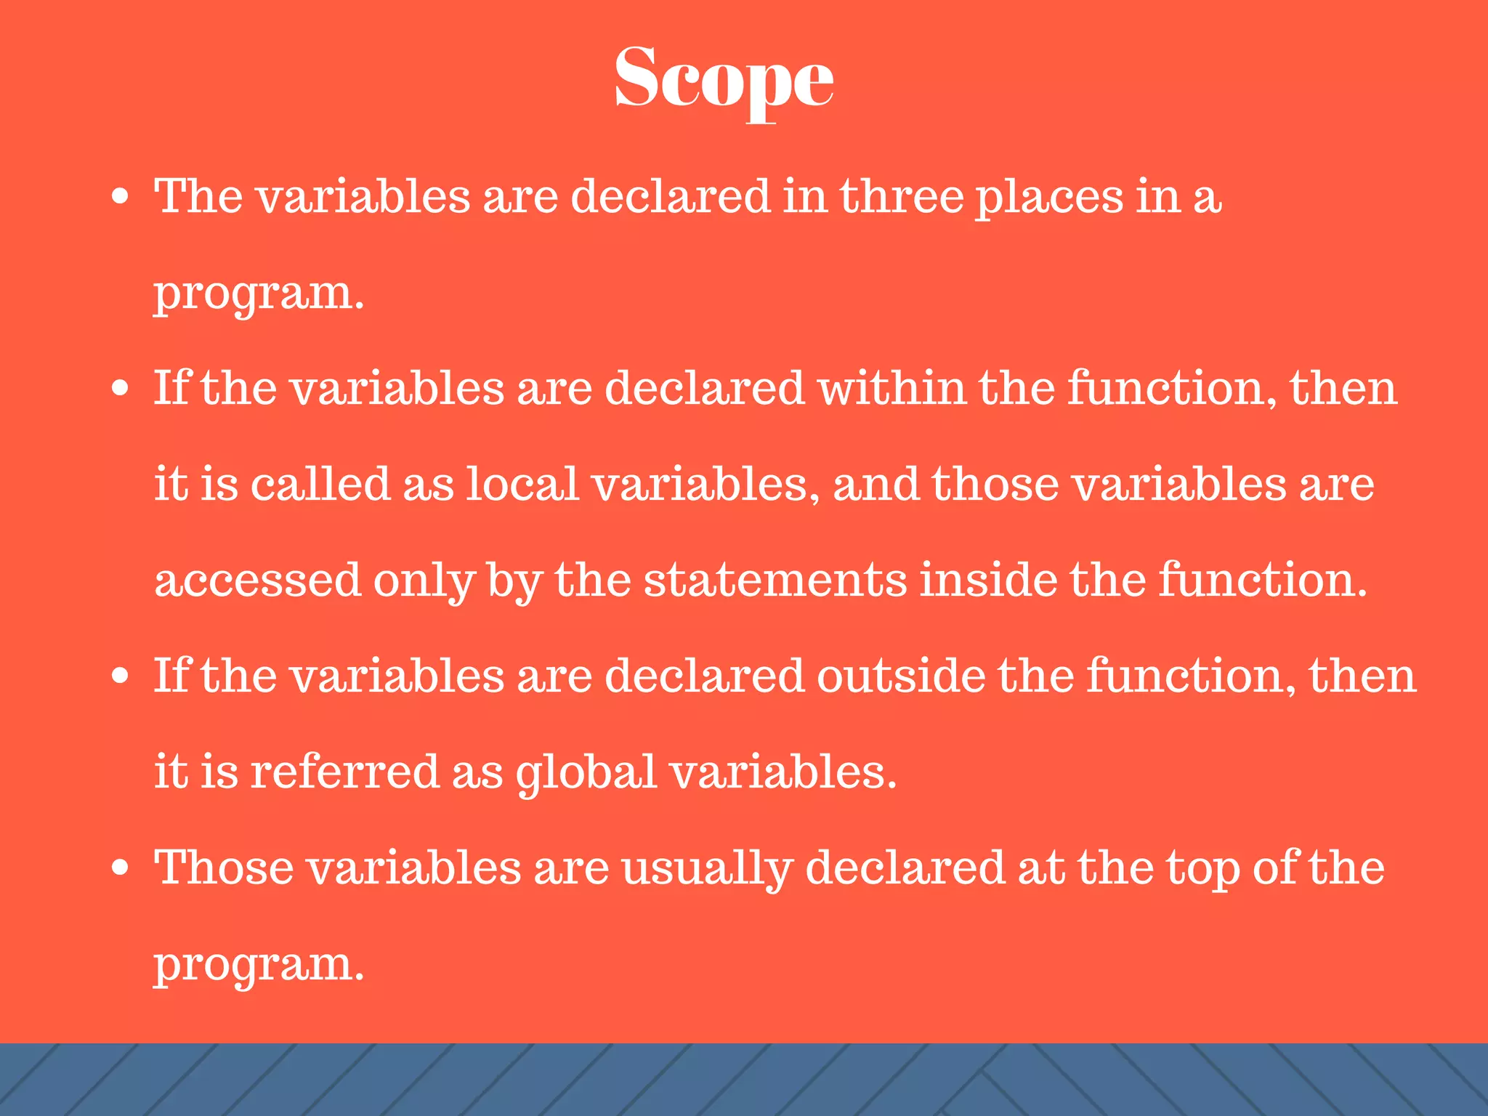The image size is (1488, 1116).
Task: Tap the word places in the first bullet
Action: (1048, 198)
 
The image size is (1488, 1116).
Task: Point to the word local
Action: (522, 484)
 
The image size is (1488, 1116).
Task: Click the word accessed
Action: (258, 580)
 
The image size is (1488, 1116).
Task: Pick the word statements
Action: (775, 580)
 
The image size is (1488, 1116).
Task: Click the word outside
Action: (901, 676)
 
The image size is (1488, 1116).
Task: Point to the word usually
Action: (707, 869)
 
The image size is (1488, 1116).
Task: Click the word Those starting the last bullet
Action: (225, 868)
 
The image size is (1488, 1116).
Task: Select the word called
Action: (320, 484)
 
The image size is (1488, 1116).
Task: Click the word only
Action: (424, 581)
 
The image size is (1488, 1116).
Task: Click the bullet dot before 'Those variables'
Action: (121, 868)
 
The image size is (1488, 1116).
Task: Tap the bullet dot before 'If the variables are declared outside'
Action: (121, 676)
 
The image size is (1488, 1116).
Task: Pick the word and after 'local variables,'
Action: (876, 484)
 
